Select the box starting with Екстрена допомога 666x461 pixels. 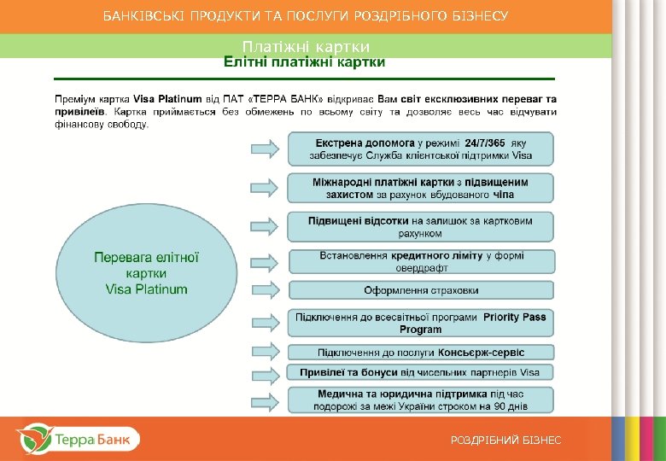420,149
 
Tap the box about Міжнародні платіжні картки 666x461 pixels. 420,188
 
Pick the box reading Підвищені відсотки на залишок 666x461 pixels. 420,226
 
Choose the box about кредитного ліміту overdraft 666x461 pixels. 420,261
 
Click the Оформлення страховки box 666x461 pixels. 420,290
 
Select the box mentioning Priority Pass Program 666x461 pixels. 420,323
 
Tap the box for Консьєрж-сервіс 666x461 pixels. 420,352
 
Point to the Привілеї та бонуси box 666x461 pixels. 420,372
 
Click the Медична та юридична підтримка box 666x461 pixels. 420,399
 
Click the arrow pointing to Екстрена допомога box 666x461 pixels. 265,149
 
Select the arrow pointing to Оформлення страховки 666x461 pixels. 265,290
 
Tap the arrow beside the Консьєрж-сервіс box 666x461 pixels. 265,352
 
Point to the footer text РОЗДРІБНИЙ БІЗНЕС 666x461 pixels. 506,440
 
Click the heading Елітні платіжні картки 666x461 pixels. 304,62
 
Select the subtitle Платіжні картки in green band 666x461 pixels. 306,46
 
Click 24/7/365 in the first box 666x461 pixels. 485,143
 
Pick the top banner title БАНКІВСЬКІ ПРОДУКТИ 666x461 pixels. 306,15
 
